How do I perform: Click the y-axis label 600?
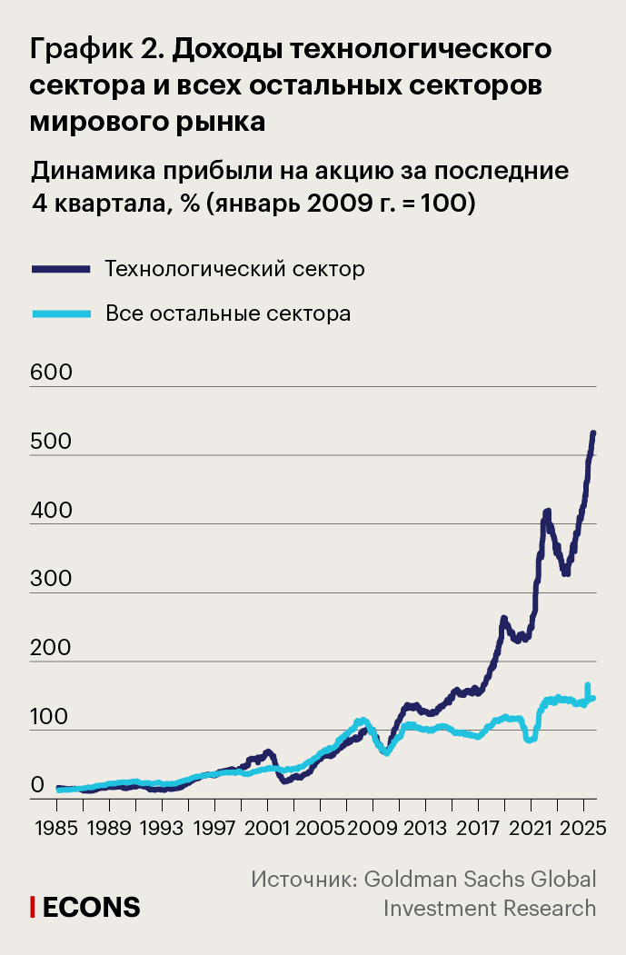(x=51, y=373)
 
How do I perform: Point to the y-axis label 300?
(x=51, y=578)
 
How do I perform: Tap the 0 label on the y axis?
(x=37, y=784)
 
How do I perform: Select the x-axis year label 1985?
(x=56, y=830)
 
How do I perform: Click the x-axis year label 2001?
(x=267, y=830)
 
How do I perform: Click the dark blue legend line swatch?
(x=61, y=269)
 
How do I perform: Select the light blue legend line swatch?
(x=61, y=314)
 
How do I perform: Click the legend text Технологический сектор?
(x=234, y=269)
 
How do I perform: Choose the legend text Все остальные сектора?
(x=228, y=314)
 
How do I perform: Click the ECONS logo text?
(x=92, y=906)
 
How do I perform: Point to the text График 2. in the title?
(x=96, y=49)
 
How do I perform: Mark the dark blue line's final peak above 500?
(x=592, y=433)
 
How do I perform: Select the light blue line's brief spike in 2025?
(x=588, y=686)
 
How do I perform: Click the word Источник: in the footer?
(x=303, y=879)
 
